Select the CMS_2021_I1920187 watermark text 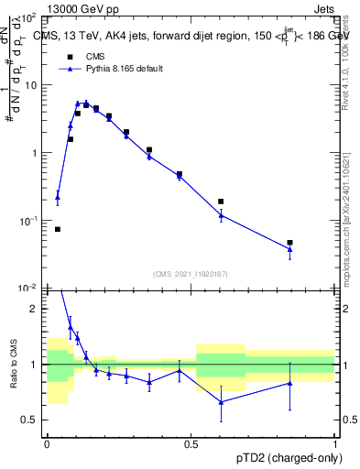click(x=191, y=274)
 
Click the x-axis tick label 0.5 click(x=191, y=442)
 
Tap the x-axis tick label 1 click(x=335, y=442)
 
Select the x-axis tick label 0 click(x=47, y=442)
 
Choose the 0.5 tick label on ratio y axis click(x=33, y=420)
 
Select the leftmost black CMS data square click(x=58, y=229)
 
